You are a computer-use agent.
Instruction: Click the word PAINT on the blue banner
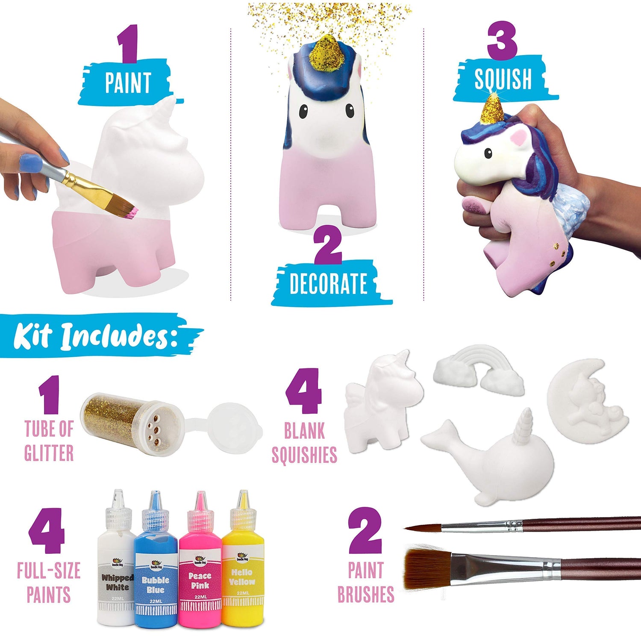point(128,83)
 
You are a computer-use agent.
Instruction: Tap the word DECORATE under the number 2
point(328,284)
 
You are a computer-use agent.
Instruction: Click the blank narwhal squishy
point(496,462)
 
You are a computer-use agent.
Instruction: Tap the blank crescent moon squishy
point(585,402)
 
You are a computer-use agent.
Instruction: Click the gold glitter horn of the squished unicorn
point(492,109)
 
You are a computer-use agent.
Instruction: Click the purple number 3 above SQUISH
point(502,41)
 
